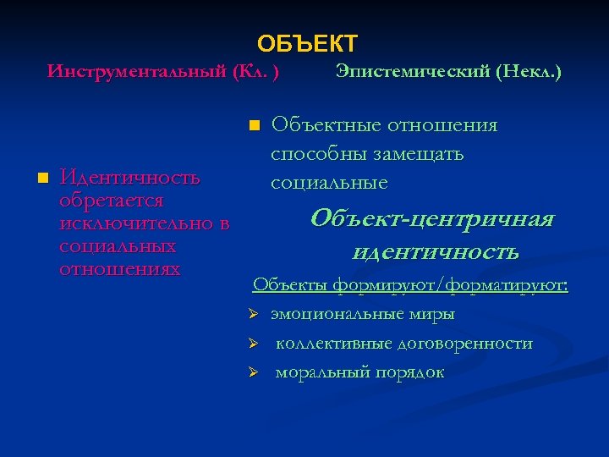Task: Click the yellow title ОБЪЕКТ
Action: (307, 43)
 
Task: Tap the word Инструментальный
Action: (135, 70)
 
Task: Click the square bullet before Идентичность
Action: (41, 179)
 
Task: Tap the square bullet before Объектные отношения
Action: (253, 126)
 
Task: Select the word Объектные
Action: (325, 126)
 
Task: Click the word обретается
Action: (111, 201)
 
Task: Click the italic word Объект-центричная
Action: (431, 219)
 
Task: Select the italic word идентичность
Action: (435, 251)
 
